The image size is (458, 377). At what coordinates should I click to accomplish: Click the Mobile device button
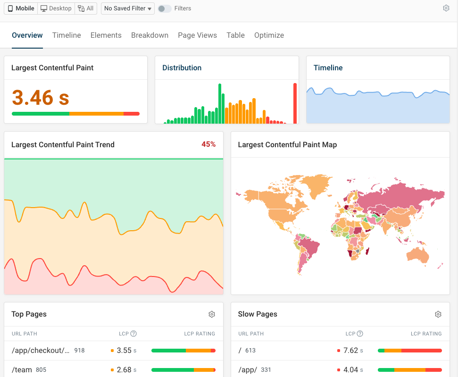(21, 8)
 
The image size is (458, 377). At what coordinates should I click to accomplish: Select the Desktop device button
(56, 8)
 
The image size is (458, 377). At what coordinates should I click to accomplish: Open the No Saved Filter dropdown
(127, 8)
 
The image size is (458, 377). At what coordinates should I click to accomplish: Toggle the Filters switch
(165, 8)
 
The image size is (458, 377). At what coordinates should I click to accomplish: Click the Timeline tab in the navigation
(67, 35)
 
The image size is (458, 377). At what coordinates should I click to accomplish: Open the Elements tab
(106, 35)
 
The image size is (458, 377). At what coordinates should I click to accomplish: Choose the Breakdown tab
(150, 35)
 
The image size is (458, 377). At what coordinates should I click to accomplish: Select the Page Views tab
(197, 35)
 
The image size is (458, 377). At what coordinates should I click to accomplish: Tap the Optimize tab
(269, 35)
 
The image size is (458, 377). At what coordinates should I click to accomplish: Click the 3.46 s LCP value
(41, 98)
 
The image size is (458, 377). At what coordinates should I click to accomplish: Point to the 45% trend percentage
(208, 144)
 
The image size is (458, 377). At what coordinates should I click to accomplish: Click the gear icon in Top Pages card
(212, 314)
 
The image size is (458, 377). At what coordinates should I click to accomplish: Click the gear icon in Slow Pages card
(438, 314)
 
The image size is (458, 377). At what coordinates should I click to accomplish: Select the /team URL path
(22, 370)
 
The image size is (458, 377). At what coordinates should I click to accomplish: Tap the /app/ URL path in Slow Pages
(248, 370)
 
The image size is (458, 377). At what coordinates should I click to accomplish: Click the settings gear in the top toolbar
(446, 8)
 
